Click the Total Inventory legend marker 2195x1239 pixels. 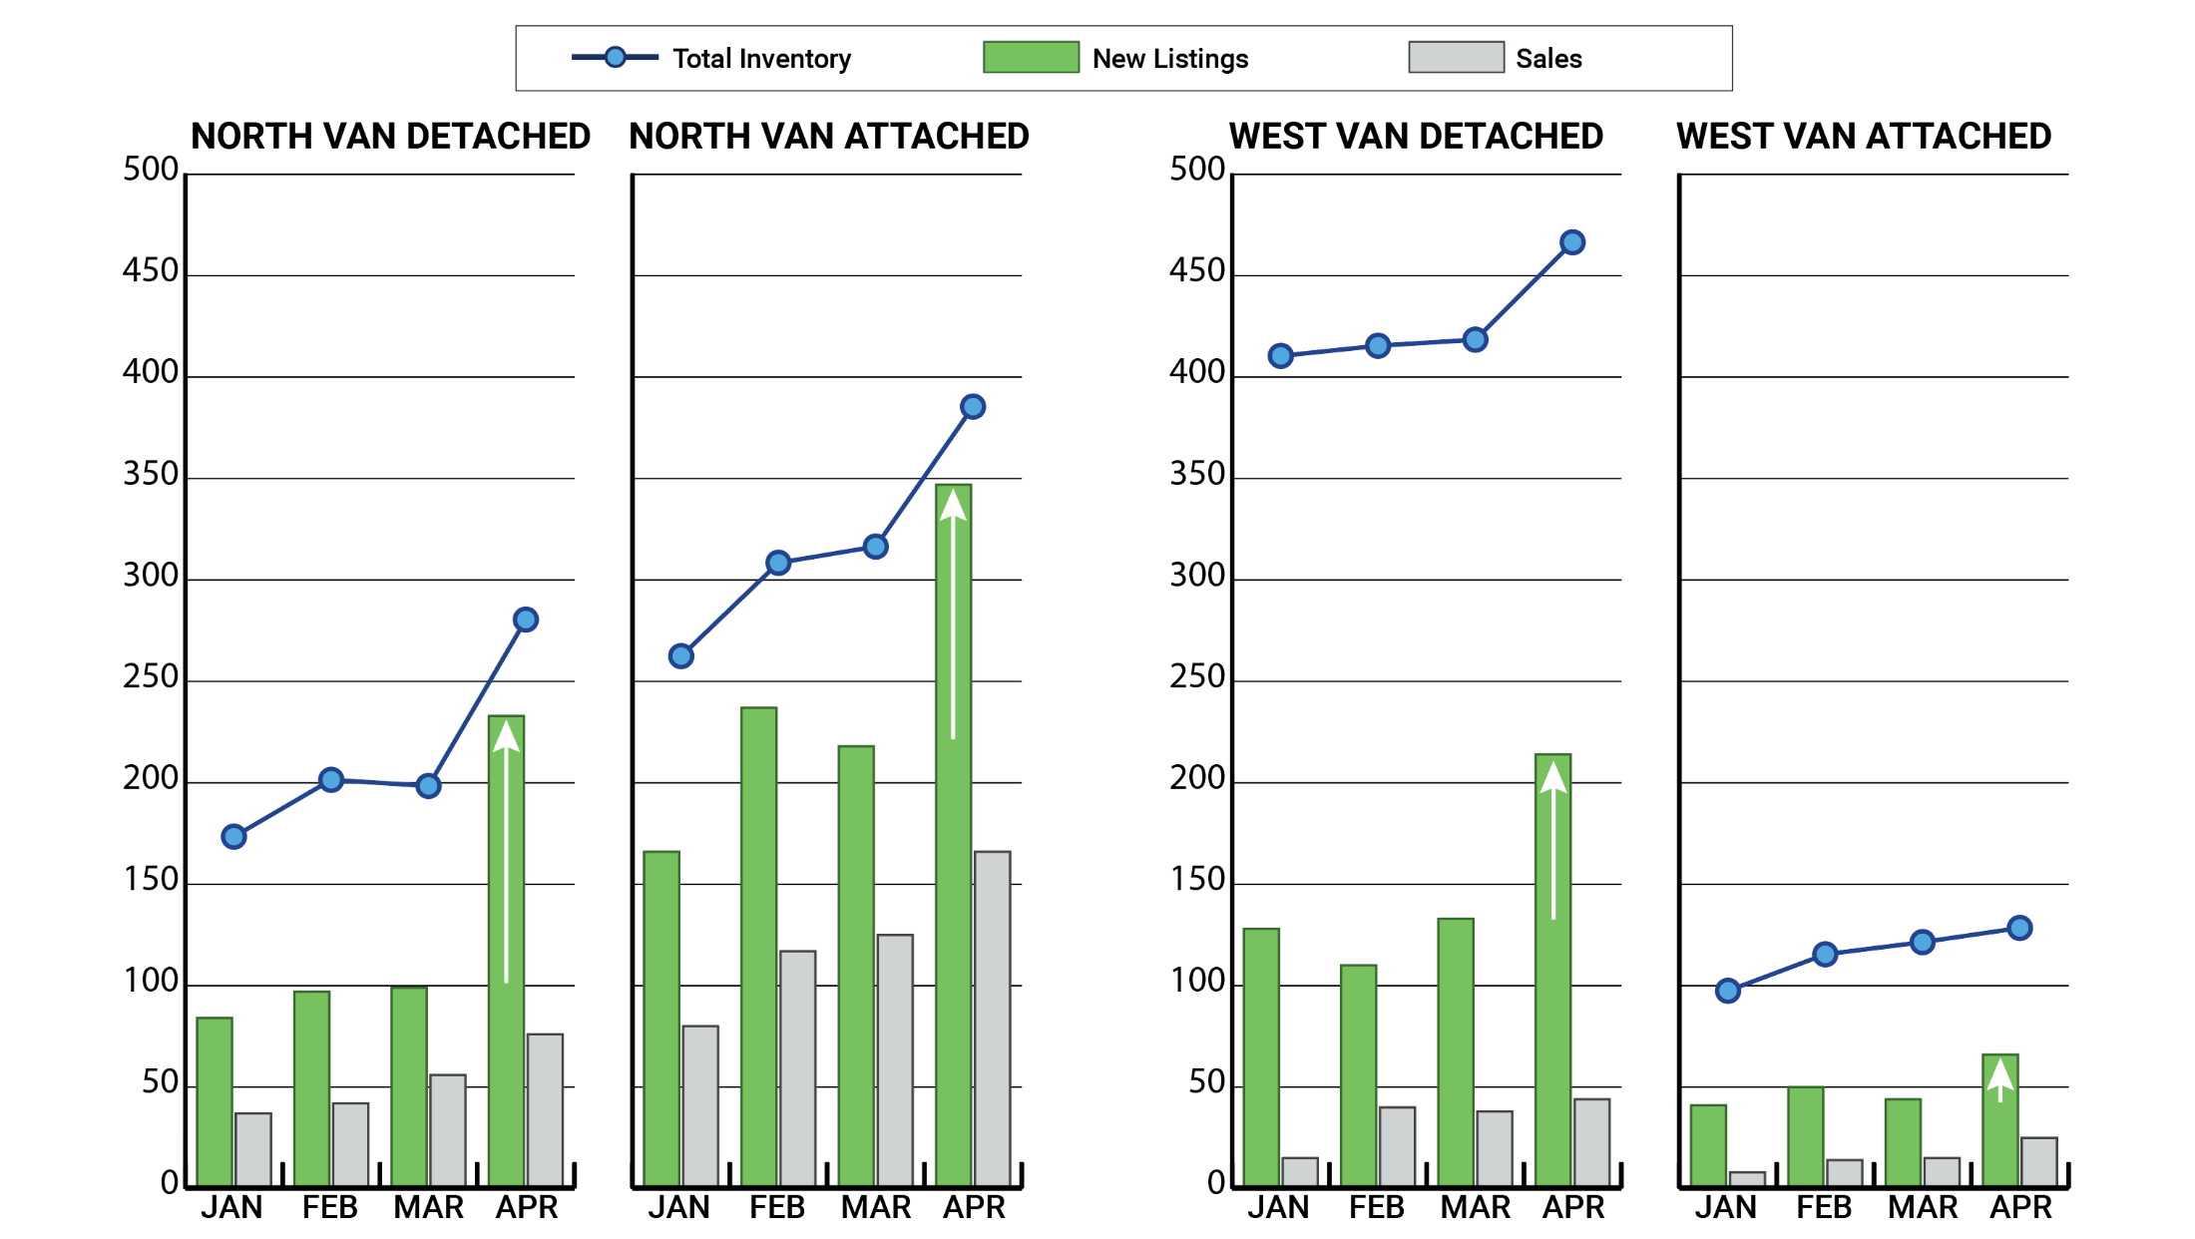pyautogui.click(x=616, y=58)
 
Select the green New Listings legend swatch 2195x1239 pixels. pyautogui.click(x=1031, y=58)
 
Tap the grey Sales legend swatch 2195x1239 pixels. pyautogui.click(x=1456, y=58)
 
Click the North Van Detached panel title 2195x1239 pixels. pyautogui.click(x=390, y=137)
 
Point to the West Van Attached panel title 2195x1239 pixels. pyautogui.click(x=1863, y=137)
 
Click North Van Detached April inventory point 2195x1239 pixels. pyautogui.click(x=526, y=620)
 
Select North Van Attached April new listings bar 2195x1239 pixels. pyautogui.click(x=953, y=838)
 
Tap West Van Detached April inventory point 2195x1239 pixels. pyautogui.click(x=1572, y=242)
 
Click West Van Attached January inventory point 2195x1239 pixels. pyautogui.click(x=1728, y=991)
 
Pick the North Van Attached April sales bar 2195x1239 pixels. pyautogui.click(x=992, y=1018)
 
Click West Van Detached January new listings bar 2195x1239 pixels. pyautogui.click(x=1261, y=1057)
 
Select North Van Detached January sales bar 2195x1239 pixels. pyautogui.click(x=253, y=1149)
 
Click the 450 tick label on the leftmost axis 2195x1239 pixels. pyautogui.click(x=150, y=271)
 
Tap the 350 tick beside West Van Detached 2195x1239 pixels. pyautogui.click(x=1196, y=474)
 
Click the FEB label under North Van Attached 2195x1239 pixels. pyautogui.click(x=777, y=1208)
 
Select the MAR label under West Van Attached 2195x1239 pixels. pyautogui.click(x=1923, y=1208)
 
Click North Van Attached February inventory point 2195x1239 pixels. pyautogui.click(x=778, y=563)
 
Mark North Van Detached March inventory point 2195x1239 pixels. pyautogui.click(x=428, y=786)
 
